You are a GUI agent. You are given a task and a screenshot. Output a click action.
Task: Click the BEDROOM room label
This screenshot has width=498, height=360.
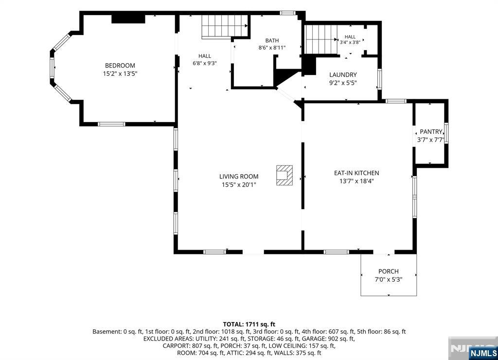coord(120,66)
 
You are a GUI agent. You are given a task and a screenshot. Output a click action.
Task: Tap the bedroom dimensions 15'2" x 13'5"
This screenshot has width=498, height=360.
coord(120,74)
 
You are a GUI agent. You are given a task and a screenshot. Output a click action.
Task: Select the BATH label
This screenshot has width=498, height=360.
coord(272,40)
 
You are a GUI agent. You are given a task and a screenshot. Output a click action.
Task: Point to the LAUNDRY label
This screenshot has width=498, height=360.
coord(343,74)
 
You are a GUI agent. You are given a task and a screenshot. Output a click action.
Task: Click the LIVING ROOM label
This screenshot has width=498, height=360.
coord(239,176)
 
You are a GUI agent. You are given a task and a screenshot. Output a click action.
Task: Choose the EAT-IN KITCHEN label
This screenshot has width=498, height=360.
coord(356,173)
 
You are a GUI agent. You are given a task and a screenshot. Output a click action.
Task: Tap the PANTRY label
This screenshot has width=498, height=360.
coord(431,131)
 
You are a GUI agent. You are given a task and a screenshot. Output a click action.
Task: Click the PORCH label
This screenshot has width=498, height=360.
coord(389,271)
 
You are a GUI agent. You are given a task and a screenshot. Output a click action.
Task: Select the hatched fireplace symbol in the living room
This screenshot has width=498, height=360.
coord(284,175)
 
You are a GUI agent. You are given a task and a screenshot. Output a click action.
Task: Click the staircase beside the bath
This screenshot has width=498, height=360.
coord(225,27)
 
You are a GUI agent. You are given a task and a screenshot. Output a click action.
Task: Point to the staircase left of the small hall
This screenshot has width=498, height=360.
coord(321,39)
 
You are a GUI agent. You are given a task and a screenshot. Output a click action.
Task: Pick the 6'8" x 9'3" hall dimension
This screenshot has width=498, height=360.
coord(205,63)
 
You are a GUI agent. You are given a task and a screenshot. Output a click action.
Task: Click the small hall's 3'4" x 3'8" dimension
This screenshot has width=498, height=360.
coord(350,42)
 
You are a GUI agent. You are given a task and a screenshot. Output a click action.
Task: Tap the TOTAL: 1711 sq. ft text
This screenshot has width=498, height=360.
coord(249,324)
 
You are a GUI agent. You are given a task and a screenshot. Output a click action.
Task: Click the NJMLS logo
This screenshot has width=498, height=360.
coord(483,353)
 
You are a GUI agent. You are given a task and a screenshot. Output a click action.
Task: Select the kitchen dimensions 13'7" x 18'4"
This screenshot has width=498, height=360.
coord(356,181)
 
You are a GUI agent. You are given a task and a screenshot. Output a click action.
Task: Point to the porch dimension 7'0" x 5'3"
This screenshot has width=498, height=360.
coord(389,280)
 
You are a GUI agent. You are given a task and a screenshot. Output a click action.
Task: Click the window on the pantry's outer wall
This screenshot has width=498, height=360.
coord(446,133)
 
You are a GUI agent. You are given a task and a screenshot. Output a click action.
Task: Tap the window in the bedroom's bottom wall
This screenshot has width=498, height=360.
coord(111,124)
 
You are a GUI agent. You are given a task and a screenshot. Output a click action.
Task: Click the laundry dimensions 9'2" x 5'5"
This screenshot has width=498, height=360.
coord(343,83)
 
